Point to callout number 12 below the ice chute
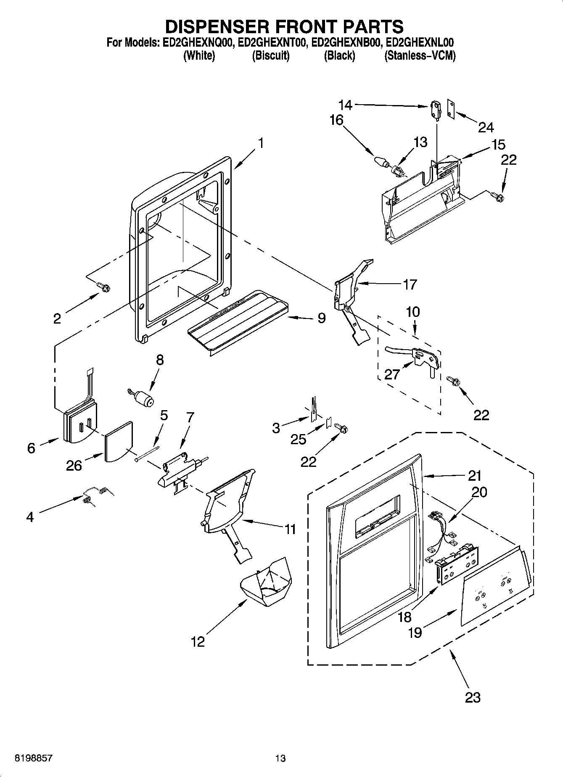click(x=198, y=642)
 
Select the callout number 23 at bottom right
click(x=473, y=698)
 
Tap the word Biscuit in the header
click(x=270, y=56)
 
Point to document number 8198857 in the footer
click(x=34, y=759)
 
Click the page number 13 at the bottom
click(x=280, y=759)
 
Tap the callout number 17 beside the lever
click(x=410, y=284)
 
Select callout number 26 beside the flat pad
click(x=74, y=465)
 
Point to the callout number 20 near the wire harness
click(x=479, y=491)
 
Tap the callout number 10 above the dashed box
click(x=413, y=312)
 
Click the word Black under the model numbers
click(x=339, y=56)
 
